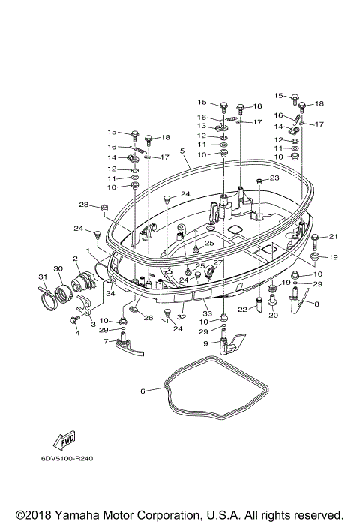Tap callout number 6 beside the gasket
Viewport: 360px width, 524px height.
(x=143, y=390)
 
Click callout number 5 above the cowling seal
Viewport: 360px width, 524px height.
(x=181, y=151)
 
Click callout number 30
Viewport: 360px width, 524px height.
(x=58, y=269)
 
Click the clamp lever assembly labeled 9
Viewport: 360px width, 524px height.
(x=228, y=345)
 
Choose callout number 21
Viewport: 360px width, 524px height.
(x=334, y=237)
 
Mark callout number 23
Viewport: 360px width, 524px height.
(x=274, y=178)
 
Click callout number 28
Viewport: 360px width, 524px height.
(x=84, y=205)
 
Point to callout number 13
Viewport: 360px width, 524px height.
(x=202, y=127)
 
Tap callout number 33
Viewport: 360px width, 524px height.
(x=208, y=313)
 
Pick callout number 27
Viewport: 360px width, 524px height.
(x=220, y=262)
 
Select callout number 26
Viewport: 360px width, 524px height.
(x=148, y=318)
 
